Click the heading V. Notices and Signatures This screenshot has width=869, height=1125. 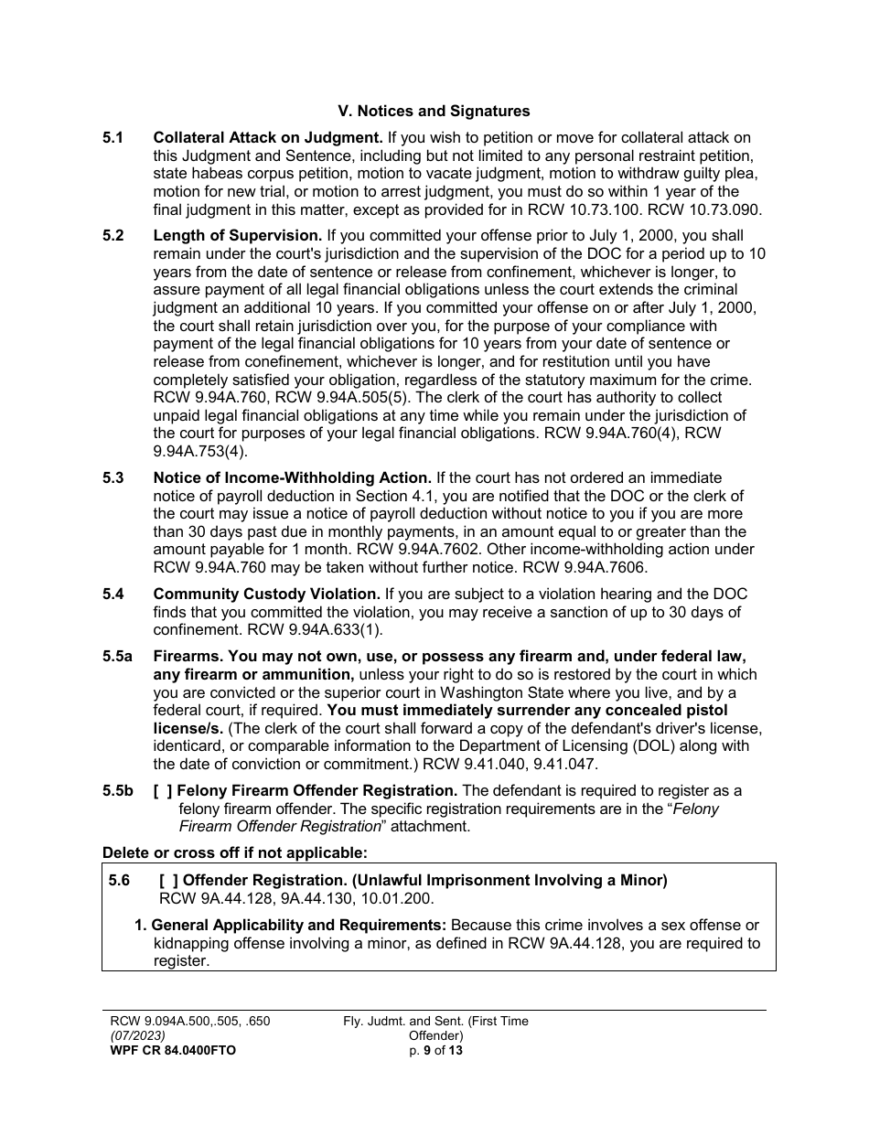tap(434, 112)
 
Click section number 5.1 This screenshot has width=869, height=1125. tap(113, 138)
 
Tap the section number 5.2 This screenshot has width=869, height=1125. tap(113, 236)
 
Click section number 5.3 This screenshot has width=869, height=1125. tap(113, 477)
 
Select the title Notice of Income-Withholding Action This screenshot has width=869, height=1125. tap(292, 477)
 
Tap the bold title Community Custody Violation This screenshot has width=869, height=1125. tap(266, 595)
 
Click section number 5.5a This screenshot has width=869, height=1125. tap(117, 657)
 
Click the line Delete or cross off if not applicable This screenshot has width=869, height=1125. tap(234, 852)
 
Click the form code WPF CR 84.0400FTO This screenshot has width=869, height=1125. tap(173, 1050)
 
